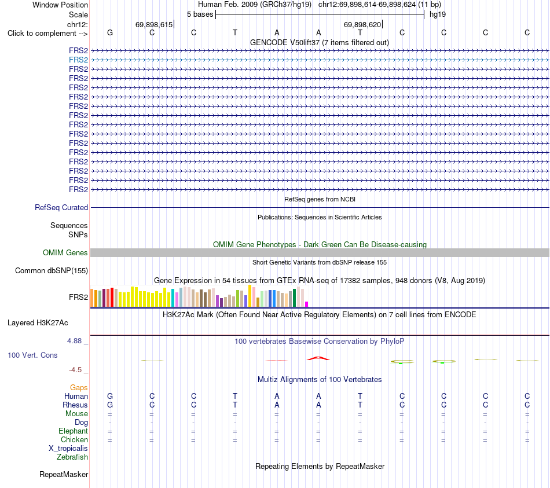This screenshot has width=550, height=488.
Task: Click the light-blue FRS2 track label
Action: coord(78,60)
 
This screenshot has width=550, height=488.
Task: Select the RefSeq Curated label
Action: coord(61,208)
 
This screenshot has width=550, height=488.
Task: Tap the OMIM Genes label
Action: coord(65,252)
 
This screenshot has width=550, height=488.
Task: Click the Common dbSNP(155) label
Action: coord(52,270)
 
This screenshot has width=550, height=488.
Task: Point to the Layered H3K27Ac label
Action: coord(38,323)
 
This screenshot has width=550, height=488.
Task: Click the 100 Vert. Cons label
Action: coord(32,355)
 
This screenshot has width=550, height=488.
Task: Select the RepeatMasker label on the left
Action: coord(64,474)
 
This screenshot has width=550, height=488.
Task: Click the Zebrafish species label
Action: coord(72,457)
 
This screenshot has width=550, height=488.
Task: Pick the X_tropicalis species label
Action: coord(68,449)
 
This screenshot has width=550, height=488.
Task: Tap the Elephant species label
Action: coord(74,431)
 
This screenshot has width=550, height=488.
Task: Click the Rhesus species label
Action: coord(75,405)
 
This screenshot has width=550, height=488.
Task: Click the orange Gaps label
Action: coord(79,387)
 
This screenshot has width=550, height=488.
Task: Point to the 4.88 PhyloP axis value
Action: coord(74,340)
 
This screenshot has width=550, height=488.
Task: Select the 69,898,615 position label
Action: coord(154,24)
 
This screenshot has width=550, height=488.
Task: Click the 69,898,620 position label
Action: coord(362,24)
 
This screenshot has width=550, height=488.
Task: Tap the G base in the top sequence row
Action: coord(110,32)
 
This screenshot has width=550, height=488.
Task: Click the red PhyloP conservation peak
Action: coord(318,358)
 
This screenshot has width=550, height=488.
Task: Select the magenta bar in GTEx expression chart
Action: coord(307,304)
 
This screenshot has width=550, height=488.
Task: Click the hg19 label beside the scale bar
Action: coord(438,14)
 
